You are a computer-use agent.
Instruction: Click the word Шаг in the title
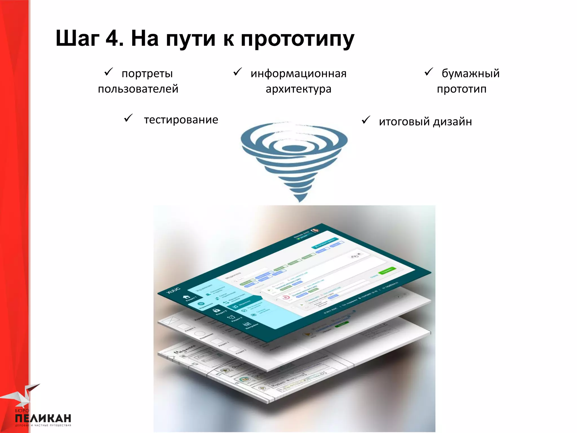pos(77,39)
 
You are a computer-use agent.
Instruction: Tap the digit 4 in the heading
pos(113,39)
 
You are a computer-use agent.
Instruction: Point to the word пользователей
pos(138,89)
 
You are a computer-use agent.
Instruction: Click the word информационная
pos(298,74)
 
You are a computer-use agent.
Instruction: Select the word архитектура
pos(298,89)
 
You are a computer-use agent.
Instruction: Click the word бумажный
pos(471,73)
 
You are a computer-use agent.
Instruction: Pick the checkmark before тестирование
pos(128,118)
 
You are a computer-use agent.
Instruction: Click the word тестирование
pos(181,120)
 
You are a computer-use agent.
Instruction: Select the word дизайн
pos(452,122)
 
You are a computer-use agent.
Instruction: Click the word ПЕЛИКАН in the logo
pos(43,418)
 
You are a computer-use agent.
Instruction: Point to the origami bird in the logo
pos(23,395)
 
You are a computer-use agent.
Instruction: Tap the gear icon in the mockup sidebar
pos(201,304)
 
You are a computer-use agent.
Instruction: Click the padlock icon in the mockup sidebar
pos(216,310)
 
